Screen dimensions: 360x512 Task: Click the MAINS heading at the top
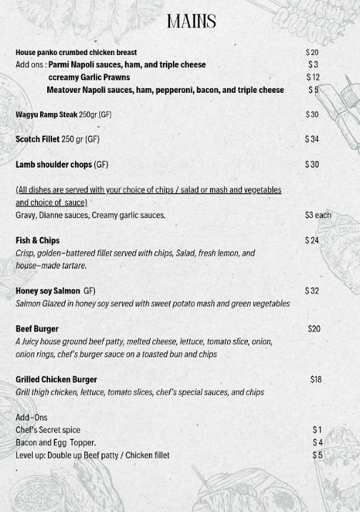191,21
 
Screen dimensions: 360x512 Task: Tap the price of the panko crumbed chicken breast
312,52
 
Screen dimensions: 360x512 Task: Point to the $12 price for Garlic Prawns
313,77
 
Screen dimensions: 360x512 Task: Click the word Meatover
63,90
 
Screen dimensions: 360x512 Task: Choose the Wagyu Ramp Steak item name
46,114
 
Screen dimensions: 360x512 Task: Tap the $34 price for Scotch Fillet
311,139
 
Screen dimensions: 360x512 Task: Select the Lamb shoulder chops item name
54,164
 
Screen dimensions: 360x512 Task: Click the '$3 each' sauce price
318,215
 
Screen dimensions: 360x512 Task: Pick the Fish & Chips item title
38,241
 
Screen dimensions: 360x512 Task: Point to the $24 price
311,241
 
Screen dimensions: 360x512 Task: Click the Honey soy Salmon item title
48,291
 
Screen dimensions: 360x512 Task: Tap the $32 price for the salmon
311,291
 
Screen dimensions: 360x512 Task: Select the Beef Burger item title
37,329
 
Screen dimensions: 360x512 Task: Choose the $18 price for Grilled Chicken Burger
316,379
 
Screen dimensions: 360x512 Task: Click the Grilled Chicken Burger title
56,379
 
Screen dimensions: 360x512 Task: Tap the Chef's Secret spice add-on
48,430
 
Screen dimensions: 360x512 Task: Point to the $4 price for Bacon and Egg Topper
317,443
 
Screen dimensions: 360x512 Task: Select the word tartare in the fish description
74,266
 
